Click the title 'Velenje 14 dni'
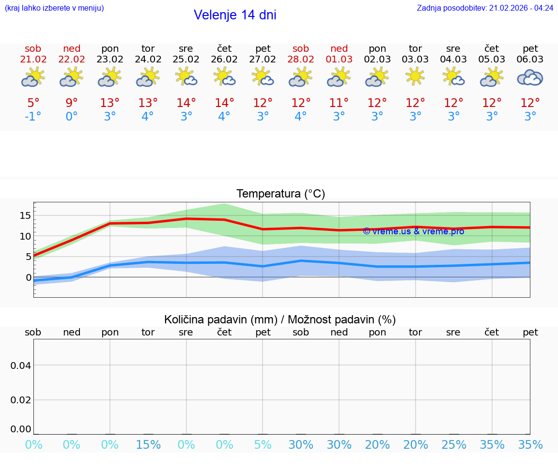(x=235, y=15)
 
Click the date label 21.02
(x=33, y=60)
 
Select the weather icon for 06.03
(x=530, y=77)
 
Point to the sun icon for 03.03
(x=415, y=76)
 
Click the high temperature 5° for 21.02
(x=33, y=103)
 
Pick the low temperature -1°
(x=33, y=117)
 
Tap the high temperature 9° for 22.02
(x=72, y=103)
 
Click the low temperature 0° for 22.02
(x=72, y=117)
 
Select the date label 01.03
(x=339, y=60)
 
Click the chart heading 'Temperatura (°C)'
(x=280, y=194)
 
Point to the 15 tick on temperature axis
(x=25, y=215)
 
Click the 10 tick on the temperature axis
(x=25, y=236)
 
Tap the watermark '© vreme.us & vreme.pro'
(x=413, y=231)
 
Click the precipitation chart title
(x=280, y=320)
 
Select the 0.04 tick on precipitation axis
(x=21, y=365)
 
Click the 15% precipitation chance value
(x=148, y=445)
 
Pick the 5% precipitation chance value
(x=263, y=445)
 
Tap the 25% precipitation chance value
(x=453, y=445)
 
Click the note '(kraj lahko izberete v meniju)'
(x=54, y=8)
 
